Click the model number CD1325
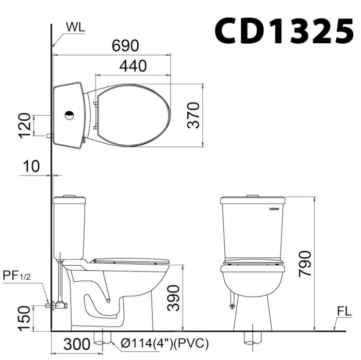[x=284, y=31]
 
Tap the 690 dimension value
[x=125, y=45]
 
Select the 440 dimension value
[x=133, y=66]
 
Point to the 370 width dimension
[x=193, y=115]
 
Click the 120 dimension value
[x=24, y=126]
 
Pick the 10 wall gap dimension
[x=31, y=166]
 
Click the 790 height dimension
[x=305, y=264]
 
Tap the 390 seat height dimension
[x=173, y=298]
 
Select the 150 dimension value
[x=24, y=318]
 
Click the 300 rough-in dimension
[x=77, y=344]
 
